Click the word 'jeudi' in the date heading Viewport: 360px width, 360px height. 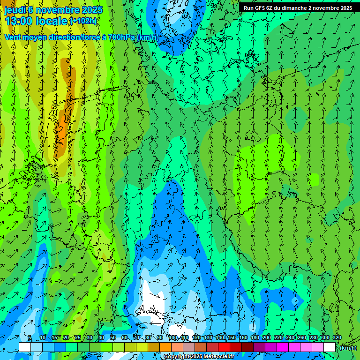pos(15,10)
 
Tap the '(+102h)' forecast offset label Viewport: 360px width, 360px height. pos(83,21)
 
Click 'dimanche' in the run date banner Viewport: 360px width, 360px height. pos(293,8)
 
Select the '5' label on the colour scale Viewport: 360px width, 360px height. pos(30,337)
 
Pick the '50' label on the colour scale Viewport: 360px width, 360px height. pos(113,337)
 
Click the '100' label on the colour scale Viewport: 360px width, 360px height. pos(172,337)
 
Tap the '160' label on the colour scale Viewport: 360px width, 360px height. pos(243,337)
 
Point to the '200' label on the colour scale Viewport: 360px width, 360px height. pos(267,337)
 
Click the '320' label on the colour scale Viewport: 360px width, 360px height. pos(337,337)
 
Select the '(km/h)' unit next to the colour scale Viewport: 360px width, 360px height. pos(348,348)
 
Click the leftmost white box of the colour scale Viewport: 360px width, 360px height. pos(25,347)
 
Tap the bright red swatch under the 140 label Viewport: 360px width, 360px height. pos(224,347)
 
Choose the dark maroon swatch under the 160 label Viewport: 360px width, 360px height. pos(247,347)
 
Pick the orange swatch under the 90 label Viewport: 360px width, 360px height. pos(165,347)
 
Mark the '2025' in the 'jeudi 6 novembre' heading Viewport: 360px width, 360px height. pos(92,10)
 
